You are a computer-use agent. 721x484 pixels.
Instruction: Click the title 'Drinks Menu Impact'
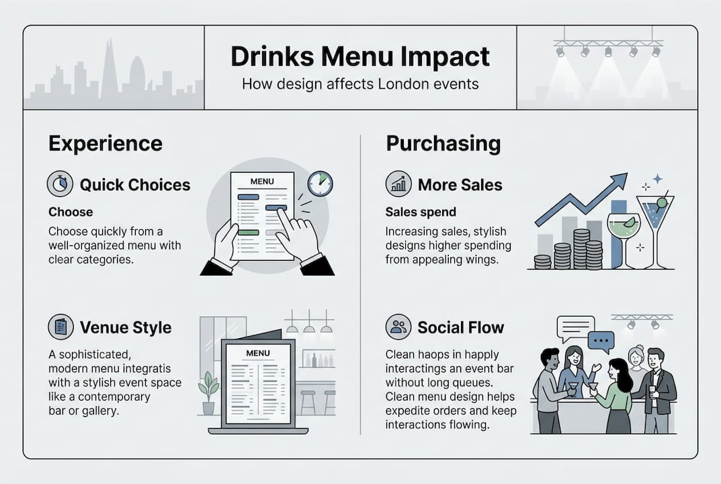(359, 57)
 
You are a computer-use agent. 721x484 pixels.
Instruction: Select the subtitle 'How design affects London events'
(359, 85)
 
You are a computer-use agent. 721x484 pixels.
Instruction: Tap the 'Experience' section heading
(105, 143)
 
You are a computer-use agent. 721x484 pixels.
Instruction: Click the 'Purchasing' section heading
(443, 143)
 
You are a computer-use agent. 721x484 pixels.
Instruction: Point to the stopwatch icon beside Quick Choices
(60, 184)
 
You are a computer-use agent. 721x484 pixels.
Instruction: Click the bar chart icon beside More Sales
(398, 184)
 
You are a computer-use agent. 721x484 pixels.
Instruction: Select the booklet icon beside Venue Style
(60, 327)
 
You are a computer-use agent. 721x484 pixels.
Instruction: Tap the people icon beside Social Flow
(398, 327)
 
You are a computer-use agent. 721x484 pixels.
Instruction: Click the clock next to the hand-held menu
(320, 184)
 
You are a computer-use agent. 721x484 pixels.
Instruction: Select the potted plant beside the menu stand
(208, 393)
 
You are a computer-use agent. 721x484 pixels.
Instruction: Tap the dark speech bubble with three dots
(601, 341)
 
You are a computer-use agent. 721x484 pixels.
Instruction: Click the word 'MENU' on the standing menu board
(258, 353)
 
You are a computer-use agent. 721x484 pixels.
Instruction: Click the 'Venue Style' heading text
(126, 327)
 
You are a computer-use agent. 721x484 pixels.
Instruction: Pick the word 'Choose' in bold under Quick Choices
(71, 212)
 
